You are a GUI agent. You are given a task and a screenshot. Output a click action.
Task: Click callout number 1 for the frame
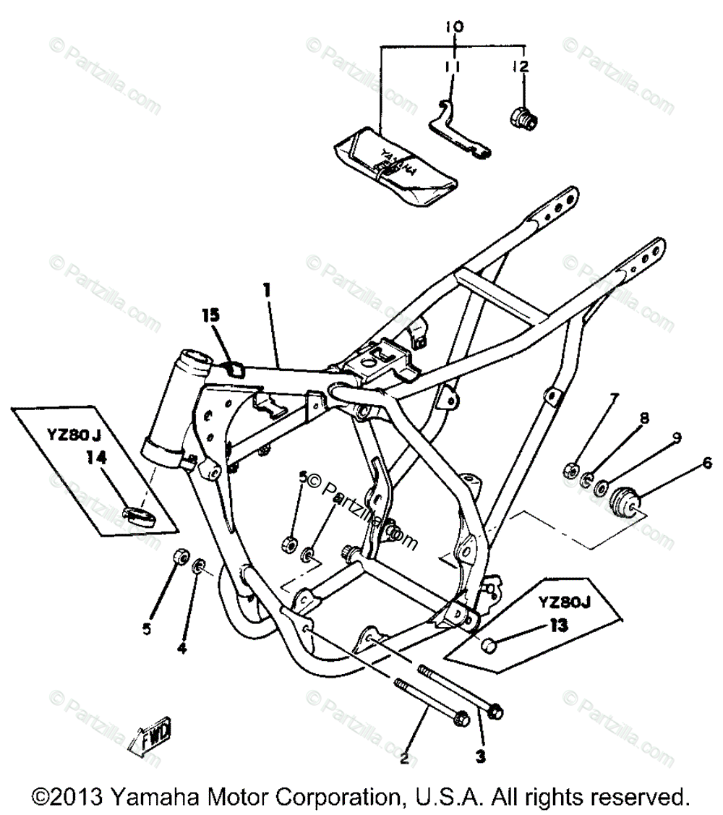pyautogui.click(x=267, y=291)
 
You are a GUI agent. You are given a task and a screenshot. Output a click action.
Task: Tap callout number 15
pyautogui.click(x=210, y=316)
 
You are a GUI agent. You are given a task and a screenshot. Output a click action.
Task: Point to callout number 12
pyautogui.click(x=521, y=67)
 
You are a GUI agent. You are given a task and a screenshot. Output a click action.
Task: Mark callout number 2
pyautogui.click(x=404, y=759)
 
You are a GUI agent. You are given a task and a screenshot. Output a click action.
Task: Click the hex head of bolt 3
pyautogui.click(x=495, y=712)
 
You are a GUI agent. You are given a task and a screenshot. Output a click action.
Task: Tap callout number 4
pyautogui.click(x=181, y=649)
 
